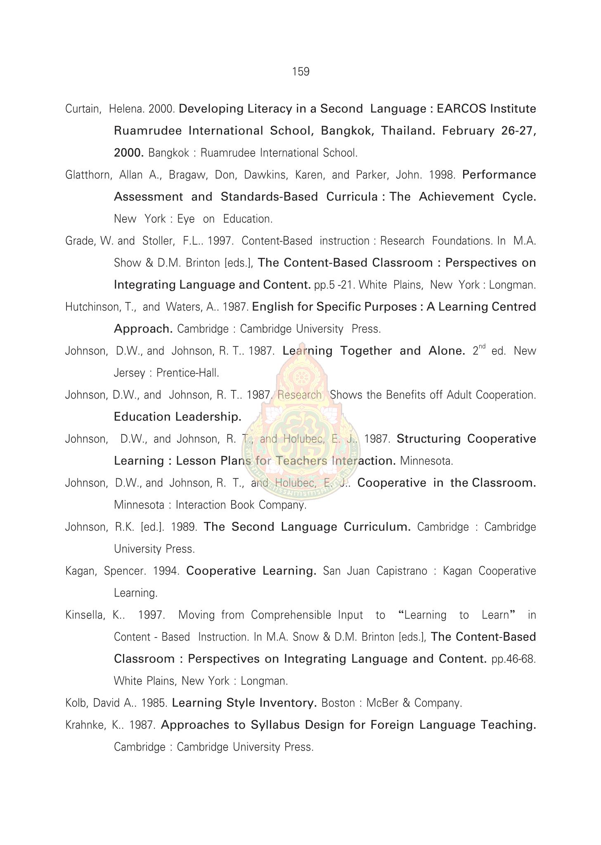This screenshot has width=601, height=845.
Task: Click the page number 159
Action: coord(300,72)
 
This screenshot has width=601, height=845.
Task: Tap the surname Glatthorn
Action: coord(88,175)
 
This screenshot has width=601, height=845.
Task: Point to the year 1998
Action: coord(442,175)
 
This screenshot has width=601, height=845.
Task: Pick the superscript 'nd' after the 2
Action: coord(481,347)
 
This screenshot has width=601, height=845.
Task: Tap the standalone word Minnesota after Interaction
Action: coord(426,461)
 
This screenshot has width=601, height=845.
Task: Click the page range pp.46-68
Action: coord(513,659)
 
